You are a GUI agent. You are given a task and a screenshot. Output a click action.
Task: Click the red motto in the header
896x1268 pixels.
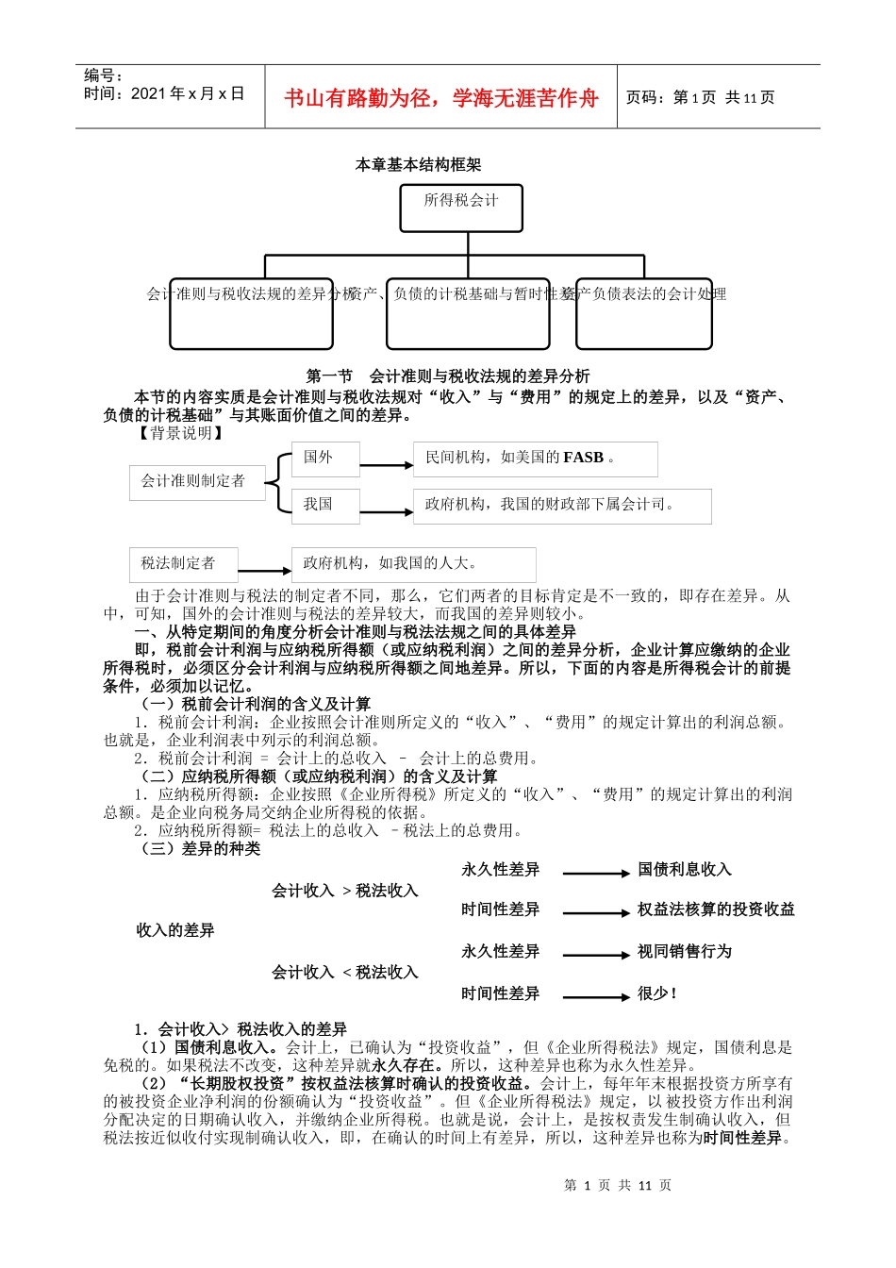click(440, 98)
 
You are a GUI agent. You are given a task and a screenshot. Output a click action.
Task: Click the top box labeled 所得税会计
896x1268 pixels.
click(461, 208)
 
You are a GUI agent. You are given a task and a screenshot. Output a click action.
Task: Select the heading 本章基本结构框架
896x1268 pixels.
click(418, 165)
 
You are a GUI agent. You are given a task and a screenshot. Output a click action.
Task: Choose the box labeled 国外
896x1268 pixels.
click(324, 459)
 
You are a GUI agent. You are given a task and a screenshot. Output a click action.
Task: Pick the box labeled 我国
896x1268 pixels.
click(324, 506)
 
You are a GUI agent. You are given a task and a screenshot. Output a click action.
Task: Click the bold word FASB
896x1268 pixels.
click(583, 458)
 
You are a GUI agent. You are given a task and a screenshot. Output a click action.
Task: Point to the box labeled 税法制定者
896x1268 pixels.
click(183, 564)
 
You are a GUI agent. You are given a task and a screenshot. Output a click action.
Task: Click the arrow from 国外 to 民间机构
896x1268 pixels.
click(386, 465)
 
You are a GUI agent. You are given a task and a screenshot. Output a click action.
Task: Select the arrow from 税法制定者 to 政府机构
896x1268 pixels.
click(264, 571)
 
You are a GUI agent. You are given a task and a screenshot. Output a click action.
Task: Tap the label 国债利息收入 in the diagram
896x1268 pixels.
click(684, 870)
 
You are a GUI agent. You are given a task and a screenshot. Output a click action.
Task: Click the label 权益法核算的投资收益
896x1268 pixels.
click(716, 909)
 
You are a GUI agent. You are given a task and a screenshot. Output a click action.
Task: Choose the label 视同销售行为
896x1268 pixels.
click(684, 952)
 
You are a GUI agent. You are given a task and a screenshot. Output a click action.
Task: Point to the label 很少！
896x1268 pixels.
click(657, 993)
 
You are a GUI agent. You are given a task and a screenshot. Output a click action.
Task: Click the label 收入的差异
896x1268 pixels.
click(175, 931)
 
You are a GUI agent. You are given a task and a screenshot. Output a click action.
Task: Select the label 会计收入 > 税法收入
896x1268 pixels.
click(344, 891)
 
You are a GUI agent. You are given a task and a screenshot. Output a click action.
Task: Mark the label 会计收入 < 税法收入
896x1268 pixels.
click(344, 973)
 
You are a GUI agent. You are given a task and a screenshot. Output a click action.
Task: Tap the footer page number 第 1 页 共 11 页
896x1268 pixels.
click(618, 1186)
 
